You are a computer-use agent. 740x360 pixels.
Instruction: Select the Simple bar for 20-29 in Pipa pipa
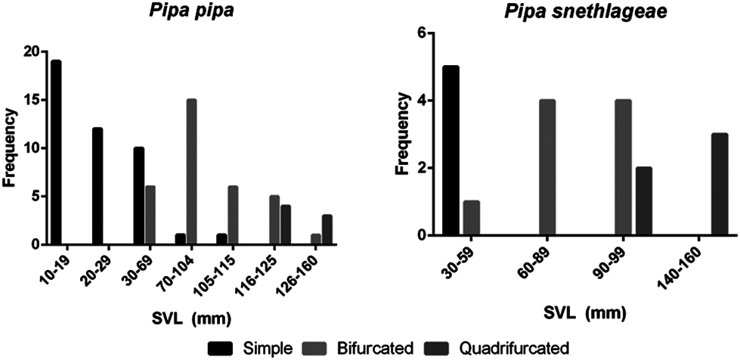click(98, 186)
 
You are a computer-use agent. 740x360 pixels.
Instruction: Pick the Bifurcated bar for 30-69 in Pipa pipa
click(150, 215)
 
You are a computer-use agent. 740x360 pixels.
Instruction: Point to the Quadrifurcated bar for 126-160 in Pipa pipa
click(327, 229)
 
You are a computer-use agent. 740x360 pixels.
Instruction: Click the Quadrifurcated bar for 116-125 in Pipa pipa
click(285, 225)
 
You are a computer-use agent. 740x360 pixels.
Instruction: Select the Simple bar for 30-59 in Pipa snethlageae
click(451, 151)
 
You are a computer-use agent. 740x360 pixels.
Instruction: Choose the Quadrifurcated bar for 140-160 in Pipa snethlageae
click(719, 184)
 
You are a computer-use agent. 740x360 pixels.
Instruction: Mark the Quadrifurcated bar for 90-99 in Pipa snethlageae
click(644, 201)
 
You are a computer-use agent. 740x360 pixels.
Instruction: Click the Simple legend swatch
click(220, 348)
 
